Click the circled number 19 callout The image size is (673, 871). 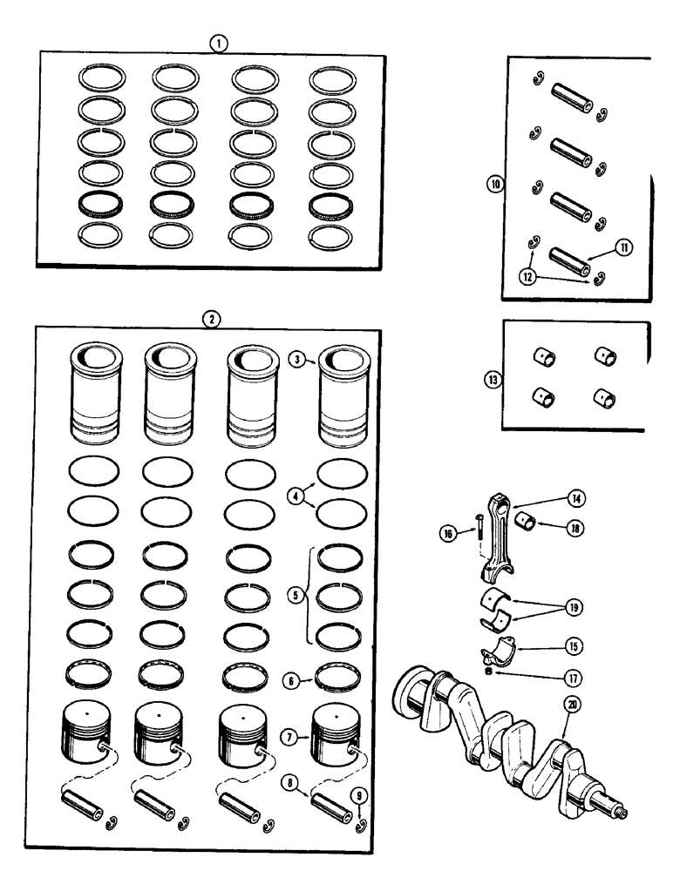[576, 607]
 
